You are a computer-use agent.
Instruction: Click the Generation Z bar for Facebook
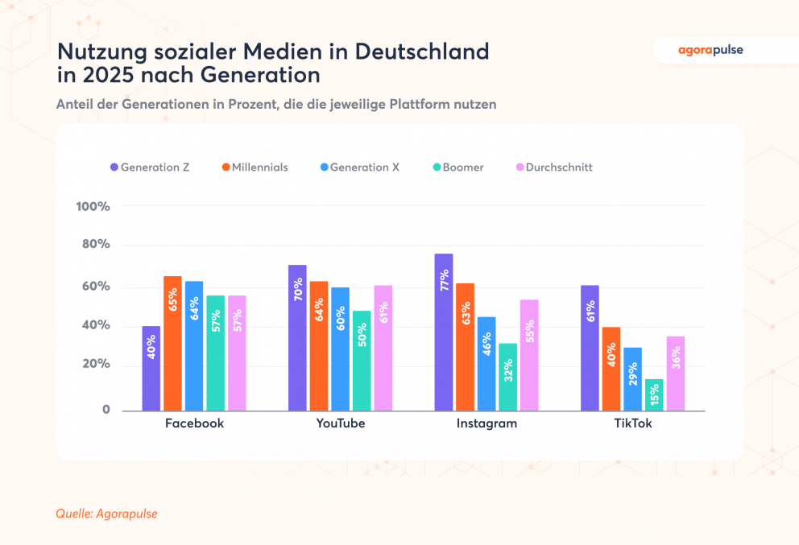[151, 369]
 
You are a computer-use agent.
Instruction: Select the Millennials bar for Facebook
[172, 344]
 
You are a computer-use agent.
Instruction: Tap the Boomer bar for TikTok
[654, 395]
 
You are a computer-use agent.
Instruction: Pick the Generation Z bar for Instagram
[444, 332]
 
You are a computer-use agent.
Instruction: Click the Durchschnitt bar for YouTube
[383, 348]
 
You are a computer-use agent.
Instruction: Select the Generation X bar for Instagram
[486, 364]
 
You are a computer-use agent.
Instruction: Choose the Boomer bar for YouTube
[362, 361]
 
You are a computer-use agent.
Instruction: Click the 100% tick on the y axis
[93, 207]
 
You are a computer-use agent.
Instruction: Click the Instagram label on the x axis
[486, 423]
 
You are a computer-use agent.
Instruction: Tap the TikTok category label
[632, 423]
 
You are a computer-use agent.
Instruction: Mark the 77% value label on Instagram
[444, 284]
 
